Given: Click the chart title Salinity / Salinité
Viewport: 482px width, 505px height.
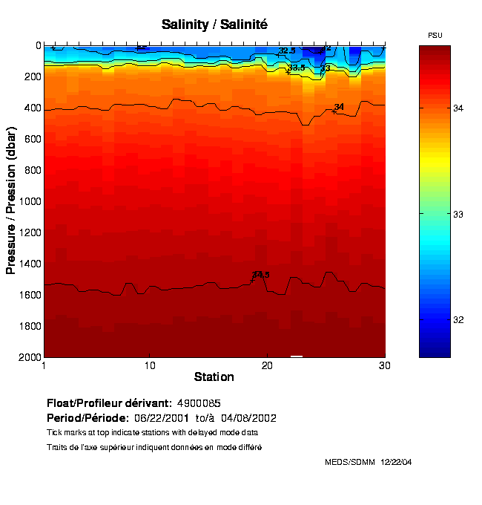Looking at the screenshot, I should (214, 25).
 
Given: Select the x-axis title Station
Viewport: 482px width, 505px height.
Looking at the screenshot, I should (214, 377).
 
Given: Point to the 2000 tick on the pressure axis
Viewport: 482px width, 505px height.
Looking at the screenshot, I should (30, 357).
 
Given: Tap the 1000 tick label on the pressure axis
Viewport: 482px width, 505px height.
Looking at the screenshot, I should (30, 201).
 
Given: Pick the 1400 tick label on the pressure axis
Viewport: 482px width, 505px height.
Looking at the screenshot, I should (30, 264).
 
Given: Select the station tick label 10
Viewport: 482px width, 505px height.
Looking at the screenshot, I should (150, 365).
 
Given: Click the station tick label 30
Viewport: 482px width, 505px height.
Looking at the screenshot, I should (385, 365).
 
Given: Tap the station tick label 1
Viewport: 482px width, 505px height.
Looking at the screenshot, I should (44, 365).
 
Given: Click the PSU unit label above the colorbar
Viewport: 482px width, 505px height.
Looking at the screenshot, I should (435, 35).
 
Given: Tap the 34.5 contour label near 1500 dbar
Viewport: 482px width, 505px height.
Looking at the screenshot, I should (261, 275).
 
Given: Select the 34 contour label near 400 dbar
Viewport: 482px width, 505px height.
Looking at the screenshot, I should (339, 107).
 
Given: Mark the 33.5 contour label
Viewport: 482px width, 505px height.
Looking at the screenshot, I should (297, 68).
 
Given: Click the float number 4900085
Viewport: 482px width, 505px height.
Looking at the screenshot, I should (199, 403).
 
